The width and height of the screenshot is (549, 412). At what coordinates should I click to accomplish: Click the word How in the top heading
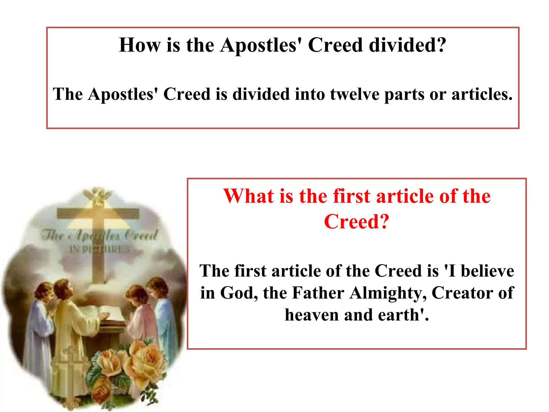[x=139, y=45]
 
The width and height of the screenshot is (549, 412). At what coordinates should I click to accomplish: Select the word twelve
[x=354, y=94]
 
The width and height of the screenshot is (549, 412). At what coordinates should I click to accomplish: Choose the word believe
[x=487, y=271]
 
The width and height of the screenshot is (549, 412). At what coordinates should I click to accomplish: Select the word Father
[x=318, y=293]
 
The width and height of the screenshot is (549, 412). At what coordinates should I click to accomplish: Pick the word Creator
[x=462, y=293]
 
